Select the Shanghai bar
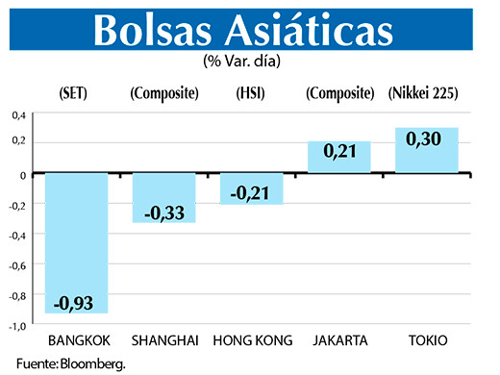click(163, 197)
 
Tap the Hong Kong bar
click(251, 187)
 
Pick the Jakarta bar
click(338, 157)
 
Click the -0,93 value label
click(77, 302)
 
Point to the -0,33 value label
click(163, 211)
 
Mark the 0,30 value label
click(426, 138)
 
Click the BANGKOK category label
click(77, 341)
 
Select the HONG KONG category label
click(251, 341)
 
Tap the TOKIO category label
click(426, 341)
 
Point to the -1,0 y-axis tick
click(16, 327)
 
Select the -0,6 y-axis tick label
click(16, 265)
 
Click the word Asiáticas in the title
click(317, 31)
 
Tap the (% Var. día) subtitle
click(250, 62)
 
